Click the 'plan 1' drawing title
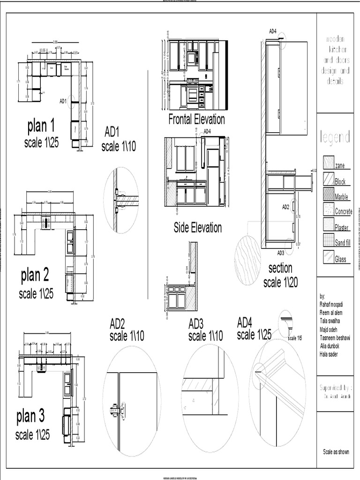coord(41,126)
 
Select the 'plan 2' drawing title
coord(35,276)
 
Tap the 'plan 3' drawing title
coord(30,416)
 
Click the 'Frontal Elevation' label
coord(196,120)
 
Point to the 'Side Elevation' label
coord(197,228)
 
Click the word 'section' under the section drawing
coord(280,268)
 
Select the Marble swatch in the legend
coord(328,194)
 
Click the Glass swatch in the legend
coord(328,257)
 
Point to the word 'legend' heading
coord(335,137)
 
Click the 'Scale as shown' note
coord(336,452)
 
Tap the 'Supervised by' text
coord(335,388)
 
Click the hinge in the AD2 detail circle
coord(116,410)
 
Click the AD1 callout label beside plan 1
coord(63,101)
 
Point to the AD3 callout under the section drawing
coord(280,253)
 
